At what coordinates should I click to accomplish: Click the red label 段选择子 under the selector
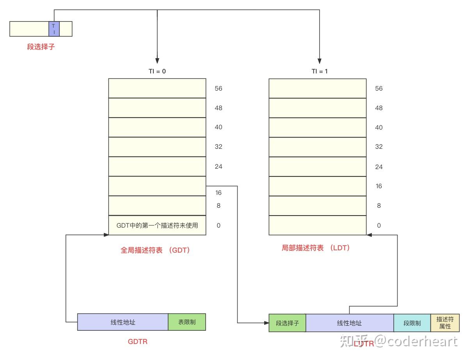click(41, 47)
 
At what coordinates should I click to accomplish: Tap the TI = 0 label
click(157, 71)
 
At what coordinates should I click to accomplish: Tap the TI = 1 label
click(319, 71)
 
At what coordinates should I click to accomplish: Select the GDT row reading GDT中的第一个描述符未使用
click(157, 225)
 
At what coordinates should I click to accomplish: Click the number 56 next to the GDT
click(218, 89)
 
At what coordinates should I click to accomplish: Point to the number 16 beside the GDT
click(218, 192)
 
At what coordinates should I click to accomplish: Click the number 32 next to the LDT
click(378, 147)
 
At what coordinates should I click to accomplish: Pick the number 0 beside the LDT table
click(378, 225)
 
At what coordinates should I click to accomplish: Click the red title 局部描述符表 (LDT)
click(316, 248)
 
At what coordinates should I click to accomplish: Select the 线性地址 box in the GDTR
click(123, 322)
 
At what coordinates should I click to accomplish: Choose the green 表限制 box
click(187, 322)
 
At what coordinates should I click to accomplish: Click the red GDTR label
click(138, 342)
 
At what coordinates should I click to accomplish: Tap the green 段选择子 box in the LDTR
click(287, 323)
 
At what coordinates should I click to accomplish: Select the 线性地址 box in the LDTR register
click(350, 323)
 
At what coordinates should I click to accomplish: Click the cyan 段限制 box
click(412, 323)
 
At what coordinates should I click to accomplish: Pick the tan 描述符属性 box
click(445, 323)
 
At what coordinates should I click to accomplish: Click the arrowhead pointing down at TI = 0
click(157, 61)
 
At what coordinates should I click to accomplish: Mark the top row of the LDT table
click(318, 89)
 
